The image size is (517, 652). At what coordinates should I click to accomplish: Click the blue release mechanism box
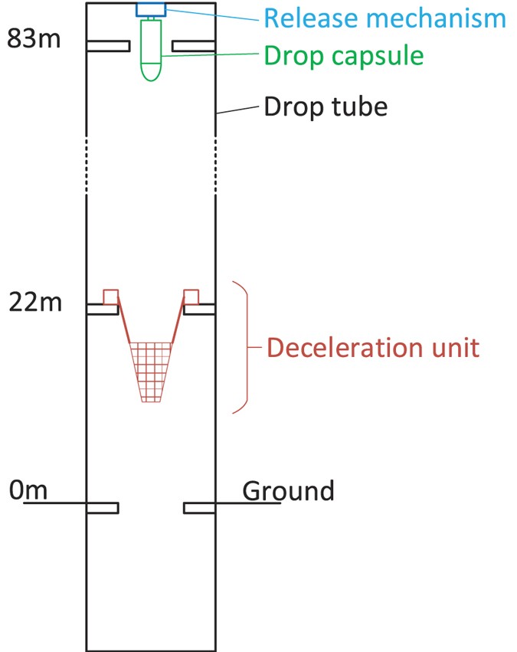point(151,10)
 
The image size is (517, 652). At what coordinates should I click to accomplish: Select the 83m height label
point(34,39)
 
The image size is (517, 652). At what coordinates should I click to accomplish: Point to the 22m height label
point(34,303)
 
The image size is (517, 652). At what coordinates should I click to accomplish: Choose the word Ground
point(288,490)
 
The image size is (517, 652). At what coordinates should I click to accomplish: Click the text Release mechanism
point(384,18)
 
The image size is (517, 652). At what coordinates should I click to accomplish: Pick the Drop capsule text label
point(343,55)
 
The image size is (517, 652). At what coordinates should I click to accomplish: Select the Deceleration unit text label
point(373,348)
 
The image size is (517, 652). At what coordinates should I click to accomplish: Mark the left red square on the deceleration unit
point(111,297)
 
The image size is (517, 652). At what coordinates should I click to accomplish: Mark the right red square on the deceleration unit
point(191,297)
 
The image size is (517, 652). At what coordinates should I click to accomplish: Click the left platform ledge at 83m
point(108,47)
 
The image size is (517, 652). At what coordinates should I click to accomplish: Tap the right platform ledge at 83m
point(193,47)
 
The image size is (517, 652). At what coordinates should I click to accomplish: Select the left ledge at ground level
point(103,507)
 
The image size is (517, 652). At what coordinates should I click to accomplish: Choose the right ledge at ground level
point(199,507)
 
